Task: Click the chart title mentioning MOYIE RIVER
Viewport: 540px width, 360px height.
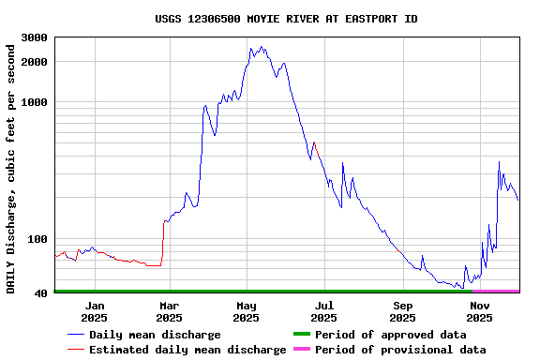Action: click(286, 19)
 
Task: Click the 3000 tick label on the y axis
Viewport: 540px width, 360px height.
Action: click(36, 37)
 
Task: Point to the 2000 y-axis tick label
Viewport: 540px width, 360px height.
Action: click(36, 62)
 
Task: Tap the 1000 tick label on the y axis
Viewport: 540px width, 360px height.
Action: click(36, 102)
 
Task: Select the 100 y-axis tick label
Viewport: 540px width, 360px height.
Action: click(38, 239)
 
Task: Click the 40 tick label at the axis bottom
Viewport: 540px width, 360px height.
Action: click(42, 293)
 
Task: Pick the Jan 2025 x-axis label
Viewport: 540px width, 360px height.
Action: click(94, 311)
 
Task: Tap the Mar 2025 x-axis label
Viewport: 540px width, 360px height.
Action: click(169, 311)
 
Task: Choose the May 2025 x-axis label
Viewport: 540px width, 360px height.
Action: click(246, 311)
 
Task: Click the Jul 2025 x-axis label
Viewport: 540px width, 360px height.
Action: click(323, 311)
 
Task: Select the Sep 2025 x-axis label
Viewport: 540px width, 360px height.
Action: click(402, 311)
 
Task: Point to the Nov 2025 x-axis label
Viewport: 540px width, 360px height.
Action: click(480, 311)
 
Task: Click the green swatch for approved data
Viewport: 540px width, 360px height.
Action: click(301, 335)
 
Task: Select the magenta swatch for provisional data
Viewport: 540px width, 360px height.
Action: click(301, 350)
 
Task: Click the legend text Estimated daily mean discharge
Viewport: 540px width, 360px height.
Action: click(187, 350)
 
